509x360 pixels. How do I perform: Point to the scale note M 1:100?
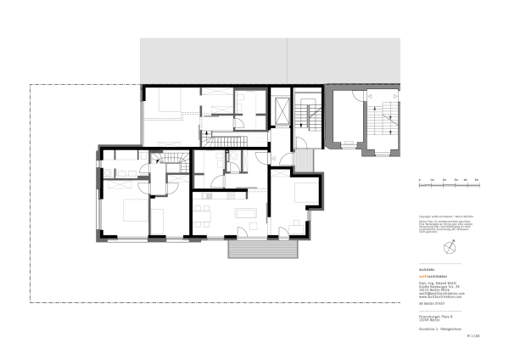pos(473,336)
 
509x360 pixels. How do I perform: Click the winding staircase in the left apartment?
pos(176,160)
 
